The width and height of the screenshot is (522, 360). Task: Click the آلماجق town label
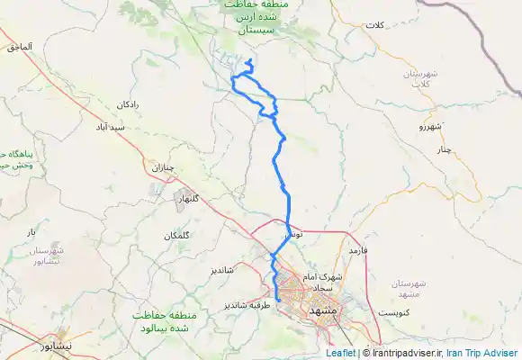[20, 45]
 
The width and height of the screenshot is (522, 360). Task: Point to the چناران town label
[159, 167]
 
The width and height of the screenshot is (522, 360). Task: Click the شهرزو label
[431, 128]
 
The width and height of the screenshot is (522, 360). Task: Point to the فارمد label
[360, 248]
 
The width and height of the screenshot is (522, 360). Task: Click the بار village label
[31, 232]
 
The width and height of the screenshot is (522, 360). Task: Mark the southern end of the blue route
[279, 301]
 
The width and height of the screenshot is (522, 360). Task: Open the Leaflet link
[339, 354]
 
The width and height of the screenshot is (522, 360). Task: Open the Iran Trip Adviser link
[486, 354]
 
